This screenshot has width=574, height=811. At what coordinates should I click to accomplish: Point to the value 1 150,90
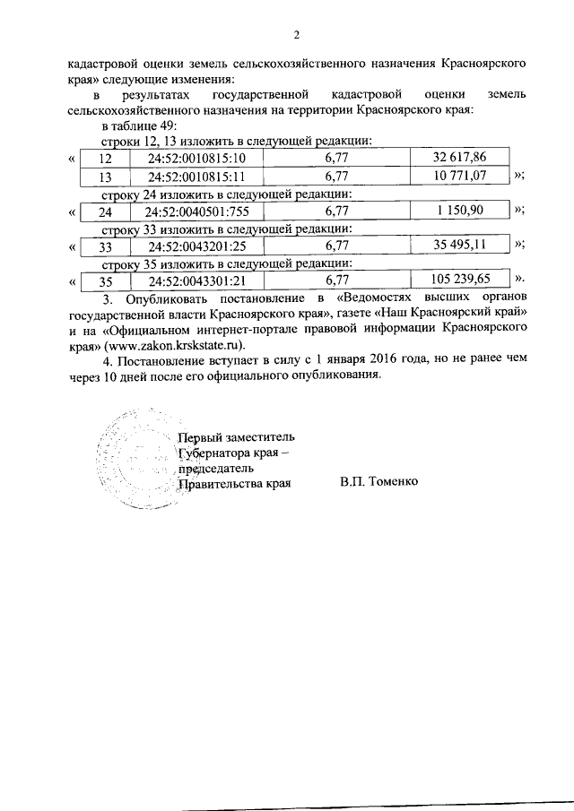tap(458, 211)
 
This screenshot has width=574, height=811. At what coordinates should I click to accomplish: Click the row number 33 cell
tap(105, 246)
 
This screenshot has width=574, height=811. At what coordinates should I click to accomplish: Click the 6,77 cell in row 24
tap(336, 211)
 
